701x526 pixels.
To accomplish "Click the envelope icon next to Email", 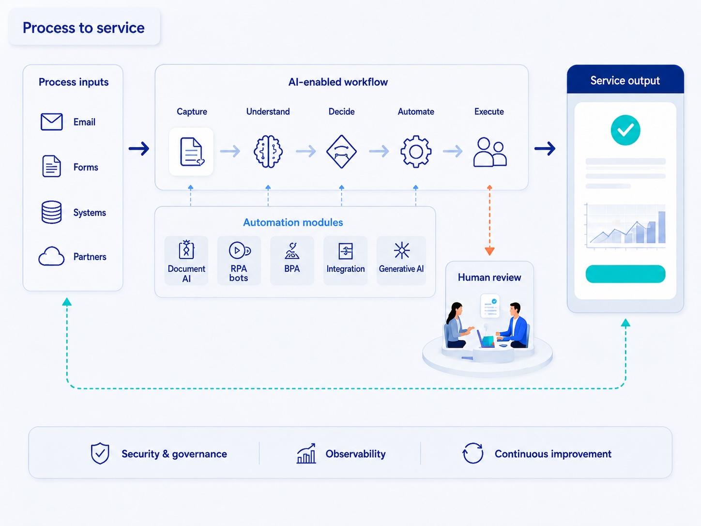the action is (x=51, y=122).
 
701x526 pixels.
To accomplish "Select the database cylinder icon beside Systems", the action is (x=51, y=212).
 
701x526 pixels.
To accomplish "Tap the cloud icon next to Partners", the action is (x=51, y=256).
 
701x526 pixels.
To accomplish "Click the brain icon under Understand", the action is (x=268, y=152).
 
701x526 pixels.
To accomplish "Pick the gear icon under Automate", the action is (x=416, y=152).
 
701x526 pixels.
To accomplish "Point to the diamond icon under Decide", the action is (x=341, y=152).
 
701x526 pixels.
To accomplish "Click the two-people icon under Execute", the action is (x=489, y=152).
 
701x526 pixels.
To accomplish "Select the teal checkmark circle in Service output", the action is (x=625, y=130).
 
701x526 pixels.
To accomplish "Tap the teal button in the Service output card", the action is (x=625, y=274).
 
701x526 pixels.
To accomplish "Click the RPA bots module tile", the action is (x=239, y=261).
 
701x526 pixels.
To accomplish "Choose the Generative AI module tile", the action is (x=401, y=261).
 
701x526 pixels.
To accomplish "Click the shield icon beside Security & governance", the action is (x=100, y=453).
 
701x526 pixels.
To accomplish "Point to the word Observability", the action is (x=355, y=454).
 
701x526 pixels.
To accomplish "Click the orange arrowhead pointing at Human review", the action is (x=489, y=251).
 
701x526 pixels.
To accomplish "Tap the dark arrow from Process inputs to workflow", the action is (x=139, y=149).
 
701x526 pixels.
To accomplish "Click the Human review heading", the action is (x=489, y=277).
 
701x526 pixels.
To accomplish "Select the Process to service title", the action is (x=84, y=28).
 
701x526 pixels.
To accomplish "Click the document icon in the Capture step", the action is (x=192, y=152).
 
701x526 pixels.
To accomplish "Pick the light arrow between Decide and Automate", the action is (x=379, y=151).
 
